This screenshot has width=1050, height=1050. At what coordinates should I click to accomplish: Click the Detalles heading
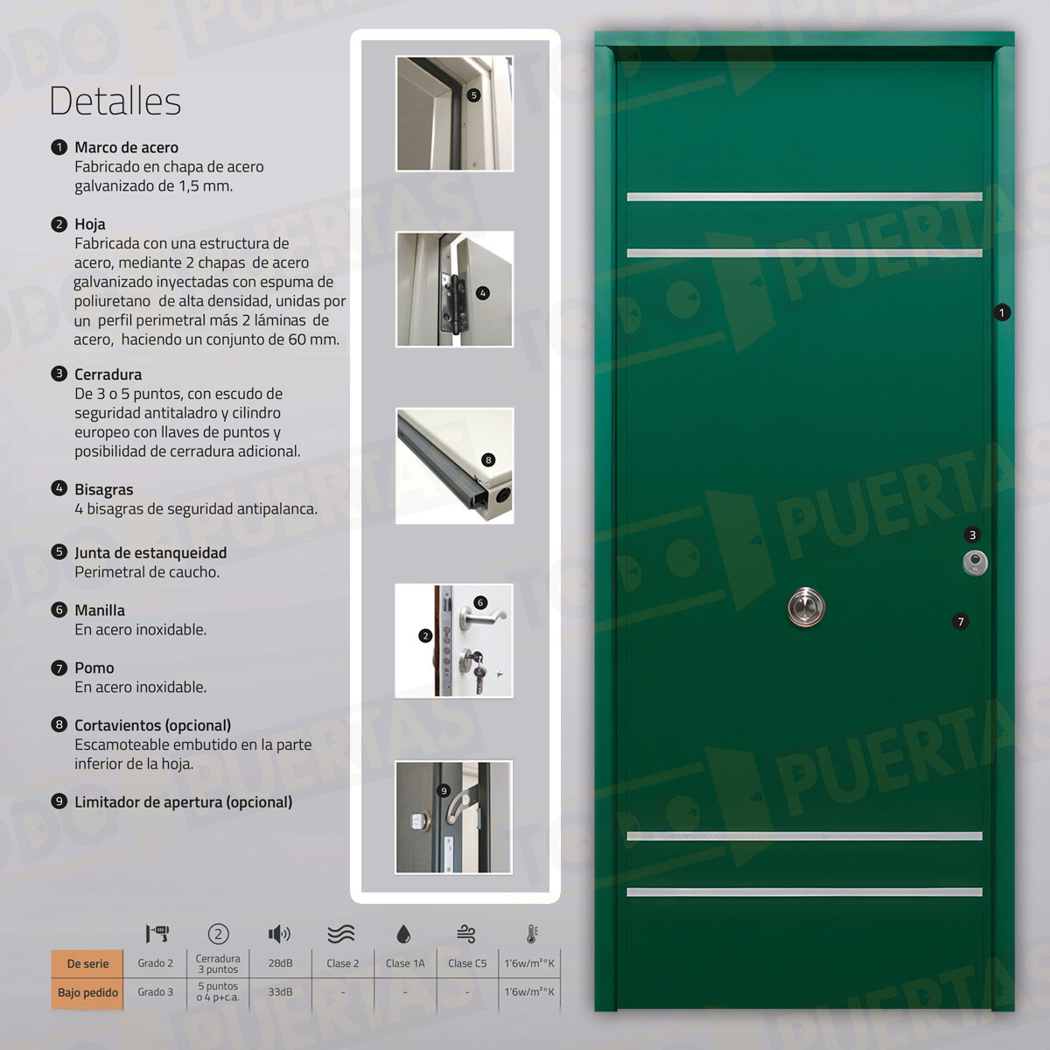[x=115, y=101]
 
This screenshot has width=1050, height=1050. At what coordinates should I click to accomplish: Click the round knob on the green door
[x=805, y=607]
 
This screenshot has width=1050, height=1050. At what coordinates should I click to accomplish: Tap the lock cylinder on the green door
[x=974, y=562]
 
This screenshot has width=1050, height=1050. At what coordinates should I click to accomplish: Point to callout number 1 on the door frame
[x=1002, y=312]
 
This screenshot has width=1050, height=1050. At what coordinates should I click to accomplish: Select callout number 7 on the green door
[x=961, y=622]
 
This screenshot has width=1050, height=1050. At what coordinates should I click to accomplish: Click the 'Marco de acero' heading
[x=126, y=148]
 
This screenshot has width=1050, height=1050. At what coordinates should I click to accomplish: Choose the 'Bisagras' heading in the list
[x=103, y=490]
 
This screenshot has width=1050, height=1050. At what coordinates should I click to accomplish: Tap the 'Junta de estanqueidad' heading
[x=150, y=553]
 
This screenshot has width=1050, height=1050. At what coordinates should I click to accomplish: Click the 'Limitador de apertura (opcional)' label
[x=183, y=802]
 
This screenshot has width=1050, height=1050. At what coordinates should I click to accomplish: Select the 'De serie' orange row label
[x=87, y=963]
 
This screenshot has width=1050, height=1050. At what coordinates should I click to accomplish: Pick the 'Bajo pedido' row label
[x=87, y=992]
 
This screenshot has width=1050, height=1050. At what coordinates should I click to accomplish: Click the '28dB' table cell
[x=280, y=963]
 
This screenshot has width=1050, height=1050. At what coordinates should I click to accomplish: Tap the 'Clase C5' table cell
[x=467, y=963]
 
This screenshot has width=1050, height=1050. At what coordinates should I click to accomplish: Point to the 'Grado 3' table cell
[x=155, y=992]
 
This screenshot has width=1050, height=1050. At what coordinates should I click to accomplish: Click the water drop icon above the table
[x=403, y=934]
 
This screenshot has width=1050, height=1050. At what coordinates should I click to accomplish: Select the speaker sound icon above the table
[x=279, y=934]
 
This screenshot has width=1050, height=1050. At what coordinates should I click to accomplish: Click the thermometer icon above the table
[x=531, y=934]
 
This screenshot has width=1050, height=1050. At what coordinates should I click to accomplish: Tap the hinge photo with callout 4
[x=454, y=290]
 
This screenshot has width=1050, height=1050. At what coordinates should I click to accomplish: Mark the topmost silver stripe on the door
[x=804, y=197]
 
